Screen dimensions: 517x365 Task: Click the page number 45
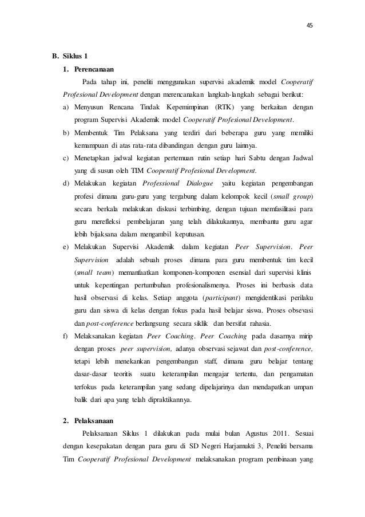click(310, 25)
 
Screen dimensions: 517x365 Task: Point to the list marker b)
click(67, 133)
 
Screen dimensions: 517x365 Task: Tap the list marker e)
click(66, 247)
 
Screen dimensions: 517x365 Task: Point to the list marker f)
click(66, 336)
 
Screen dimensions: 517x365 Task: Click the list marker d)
click(67, 183)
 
